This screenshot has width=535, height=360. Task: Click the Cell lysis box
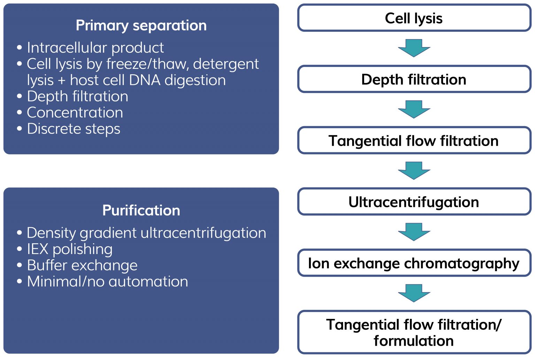point(414,18)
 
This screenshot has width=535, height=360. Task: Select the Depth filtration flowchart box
point(414,79)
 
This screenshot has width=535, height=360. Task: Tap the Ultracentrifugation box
point(414,202)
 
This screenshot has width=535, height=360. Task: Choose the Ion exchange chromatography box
point(414,263)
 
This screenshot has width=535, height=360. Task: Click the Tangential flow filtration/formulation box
point(414,332)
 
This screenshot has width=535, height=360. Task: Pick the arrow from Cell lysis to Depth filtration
point(414,48)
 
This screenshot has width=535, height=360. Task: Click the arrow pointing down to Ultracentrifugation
point(414,170)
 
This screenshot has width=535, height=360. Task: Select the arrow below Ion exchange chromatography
point(414,293)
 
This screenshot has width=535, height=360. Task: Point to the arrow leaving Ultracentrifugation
point(414,232)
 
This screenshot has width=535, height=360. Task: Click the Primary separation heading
point(141,25)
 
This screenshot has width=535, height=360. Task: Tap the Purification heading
point(141,210)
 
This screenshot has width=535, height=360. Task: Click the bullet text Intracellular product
point(95,48)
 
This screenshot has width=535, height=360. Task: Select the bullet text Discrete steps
point(73,129)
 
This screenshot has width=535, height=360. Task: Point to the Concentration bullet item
point(75,113)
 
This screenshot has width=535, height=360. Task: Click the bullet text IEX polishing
point(70,249)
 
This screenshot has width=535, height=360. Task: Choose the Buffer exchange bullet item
point(82,266)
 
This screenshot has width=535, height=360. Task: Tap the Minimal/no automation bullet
point(107,282)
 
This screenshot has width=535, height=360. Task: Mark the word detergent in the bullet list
point(226,64)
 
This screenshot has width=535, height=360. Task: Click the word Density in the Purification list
point(52,233)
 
